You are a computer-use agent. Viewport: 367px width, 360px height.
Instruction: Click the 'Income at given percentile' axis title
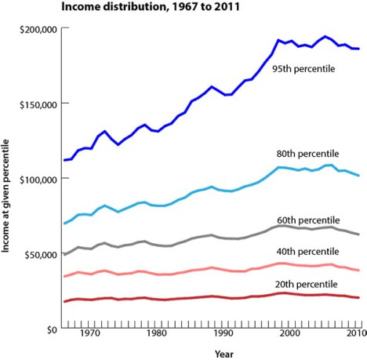click(7, 179)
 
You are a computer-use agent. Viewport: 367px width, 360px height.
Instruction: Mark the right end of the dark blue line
click(359, 49)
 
